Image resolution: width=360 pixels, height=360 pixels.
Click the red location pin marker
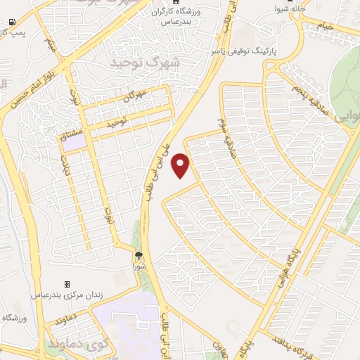pos(181,165)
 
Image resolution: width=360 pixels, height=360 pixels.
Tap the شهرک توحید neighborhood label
pos(146,63)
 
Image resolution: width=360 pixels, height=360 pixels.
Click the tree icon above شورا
pos(139,256)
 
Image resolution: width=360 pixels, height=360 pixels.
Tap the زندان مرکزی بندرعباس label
pos(67,295)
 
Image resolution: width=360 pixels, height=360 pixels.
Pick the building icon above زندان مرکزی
pos(67,284)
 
